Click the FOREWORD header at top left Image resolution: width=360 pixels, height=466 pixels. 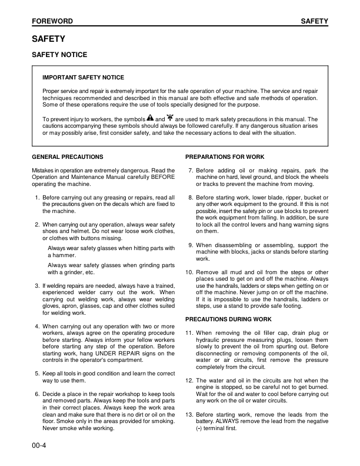(x=52, y=21)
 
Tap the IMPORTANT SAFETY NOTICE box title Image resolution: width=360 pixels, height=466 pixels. (x=83, y=78)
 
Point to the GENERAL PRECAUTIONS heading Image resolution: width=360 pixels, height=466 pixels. (x=67, y=157)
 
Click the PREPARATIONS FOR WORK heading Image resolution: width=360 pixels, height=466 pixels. (x=225, y=157)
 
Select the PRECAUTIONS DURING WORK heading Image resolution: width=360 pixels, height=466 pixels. (x=228, y=319)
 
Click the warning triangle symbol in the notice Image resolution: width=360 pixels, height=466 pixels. (x=150, y=118)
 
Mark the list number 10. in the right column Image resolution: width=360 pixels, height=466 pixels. (x=189, y=272)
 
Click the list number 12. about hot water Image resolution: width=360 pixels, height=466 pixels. (x=189, y=365)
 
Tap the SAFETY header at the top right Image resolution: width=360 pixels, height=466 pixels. (x=314, y=21)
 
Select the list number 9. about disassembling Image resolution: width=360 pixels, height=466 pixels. (x=191, y=245)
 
